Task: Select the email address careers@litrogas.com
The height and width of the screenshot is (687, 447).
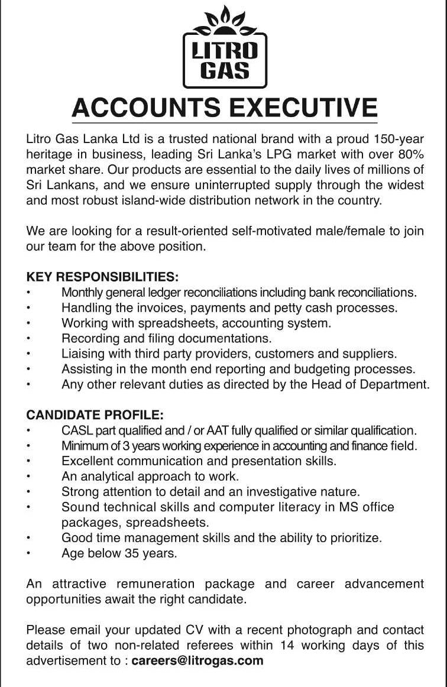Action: pyautogui.click(x=197, y=660)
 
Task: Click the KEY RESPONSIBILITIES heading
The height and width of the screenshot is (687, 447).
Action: pyautogui.click(x=102, y=277)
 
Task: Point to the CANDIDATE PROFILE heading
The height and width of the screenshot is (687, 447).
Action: pyautogui.click(x=95, y=415)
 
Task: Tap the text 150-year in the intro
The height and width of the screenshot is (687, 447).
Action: pyautogui.click(x=399, y=140)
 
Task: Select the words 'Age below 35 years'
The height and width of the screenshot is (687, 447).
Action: pyautogui.click(x=119, y=553)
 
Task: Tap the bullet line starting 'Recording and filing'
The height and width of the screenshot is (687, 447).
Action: pyautogui.click(x=166, y=339)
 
